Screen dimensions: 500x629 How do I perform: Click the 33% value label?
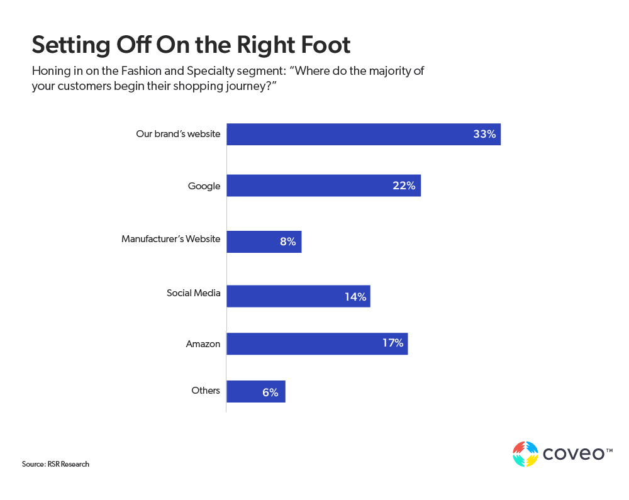484,134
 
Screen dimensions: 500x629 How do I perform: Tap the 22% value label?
404,186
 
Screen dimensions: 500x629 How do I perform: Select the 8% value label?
288,242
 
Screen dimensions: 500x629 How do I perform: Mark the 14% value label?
355,296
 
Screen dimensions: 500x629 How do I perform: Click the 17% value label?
392,343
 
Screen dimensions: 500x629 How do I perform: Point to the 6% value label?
270,392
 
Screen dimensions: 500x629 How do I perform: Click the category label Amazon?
203,343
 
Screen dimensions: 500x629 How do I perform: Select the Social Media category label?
193,293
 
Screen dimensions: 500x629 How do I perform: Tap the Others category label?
206,391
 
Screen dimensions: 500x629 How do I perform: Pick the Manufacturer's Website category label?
170,239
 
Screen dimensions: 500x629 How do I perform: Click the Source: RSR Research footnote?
55,464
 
